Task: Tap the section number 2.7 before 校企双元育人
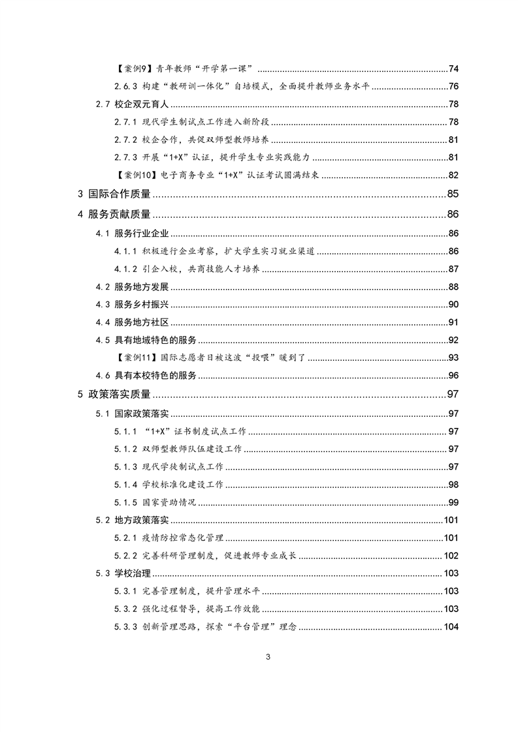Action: (103, 104)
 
